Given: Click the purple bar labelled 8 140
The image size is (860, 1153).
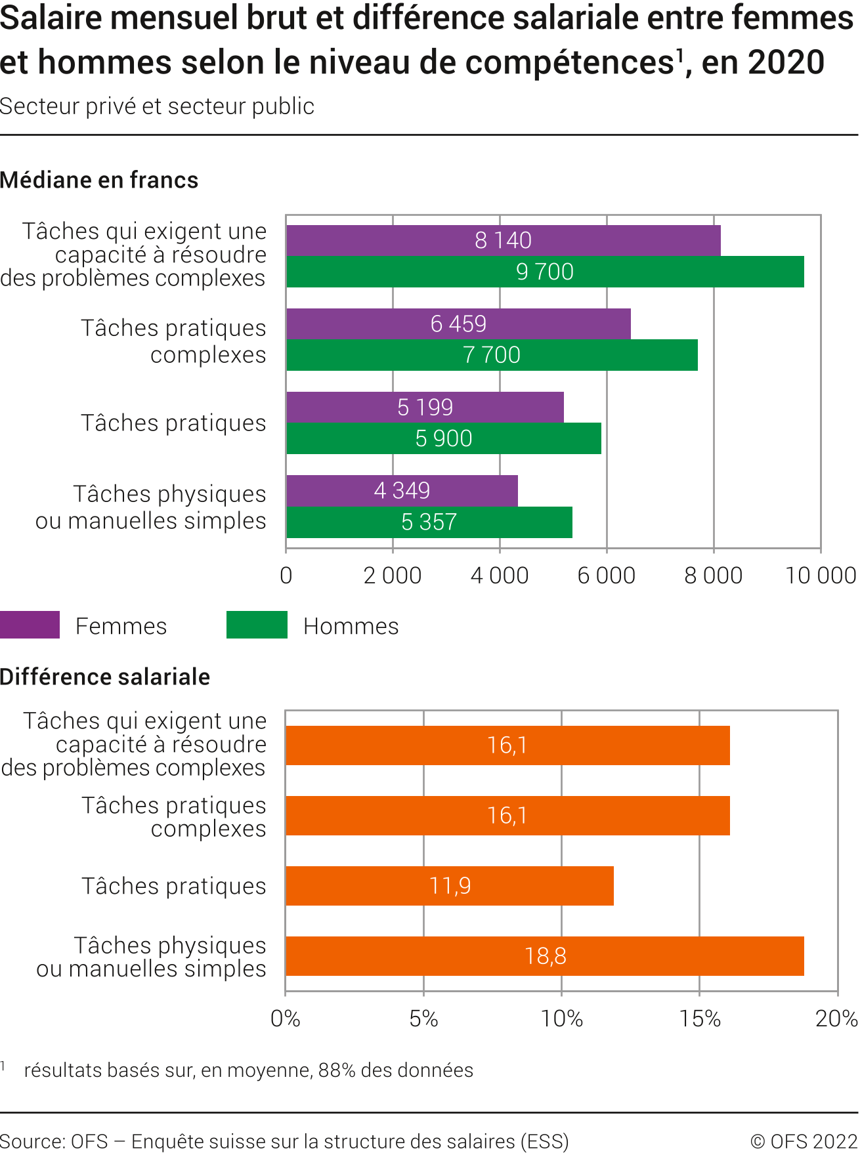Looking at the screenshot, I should click(x=503, y=240).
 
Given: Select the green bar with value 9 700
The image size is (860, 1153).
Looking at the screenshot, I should click(x=545, y=272).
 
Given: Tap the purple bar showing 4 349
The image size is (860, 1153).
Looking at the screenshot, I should click(x=402, y=491).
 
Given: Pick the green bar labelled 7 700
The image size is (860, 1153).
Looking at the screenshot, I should click(x=492, y=355).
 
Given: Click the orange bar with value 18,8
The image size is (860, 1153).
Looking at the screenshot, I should click(x=545, y=956).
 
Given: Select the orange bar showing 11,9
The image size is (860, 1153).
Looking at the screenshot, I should click(x=450, y=886).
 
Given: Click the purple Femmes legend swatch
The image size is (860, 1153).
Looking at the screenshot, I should click(x=30, y=625).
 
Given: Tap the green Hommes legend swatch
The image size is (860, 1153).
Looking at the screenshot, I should click(x=257, y=625).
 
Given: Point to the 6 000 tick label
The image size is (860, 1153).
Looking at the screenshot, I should click(x=606, y=576).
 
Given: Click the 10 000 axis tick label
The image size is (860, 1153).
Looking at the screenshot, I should click(x=821, y=576).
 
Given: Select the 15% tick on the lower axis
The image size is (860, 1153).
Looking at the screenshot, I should click(x=700, y=1018).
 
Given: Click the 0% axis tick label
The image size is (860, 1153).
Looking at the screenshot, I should click(x=286, y=1018).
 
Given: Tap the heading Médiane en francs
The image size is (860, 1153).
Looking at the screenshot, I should click(x=99, y=180).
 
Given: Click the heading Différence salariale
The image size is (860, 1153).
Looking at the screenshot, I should click(x=105, y=677).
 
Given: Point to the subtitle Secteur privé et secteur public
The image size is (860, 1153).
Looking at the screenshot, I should click(x=157, y=106).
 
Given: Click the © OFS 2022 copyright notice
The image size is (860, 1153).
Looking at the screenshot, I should click(x=804, y=1141).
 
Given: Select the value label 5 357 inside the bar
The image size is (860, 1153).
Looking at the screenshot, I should click(x=429, y=522).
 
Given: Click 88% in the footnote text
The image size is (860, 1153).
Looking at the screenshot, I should click(x=337, y=1070).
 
